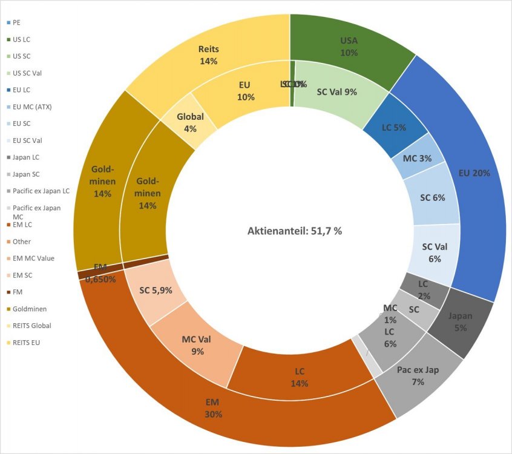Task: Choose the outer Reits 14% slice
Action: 208,54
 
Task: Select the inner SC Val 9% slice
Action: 336,92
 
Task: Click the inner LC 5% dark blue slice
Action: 393,128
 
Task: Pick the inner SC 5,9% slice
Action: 156,291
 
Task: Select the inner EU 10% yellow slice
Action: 246,91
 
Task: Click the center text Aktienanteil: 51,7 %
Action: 294,231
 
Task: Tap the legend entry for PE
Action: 16,22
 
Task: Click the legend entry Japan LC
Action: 27,157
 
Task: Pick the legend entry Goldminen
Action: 30,309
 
